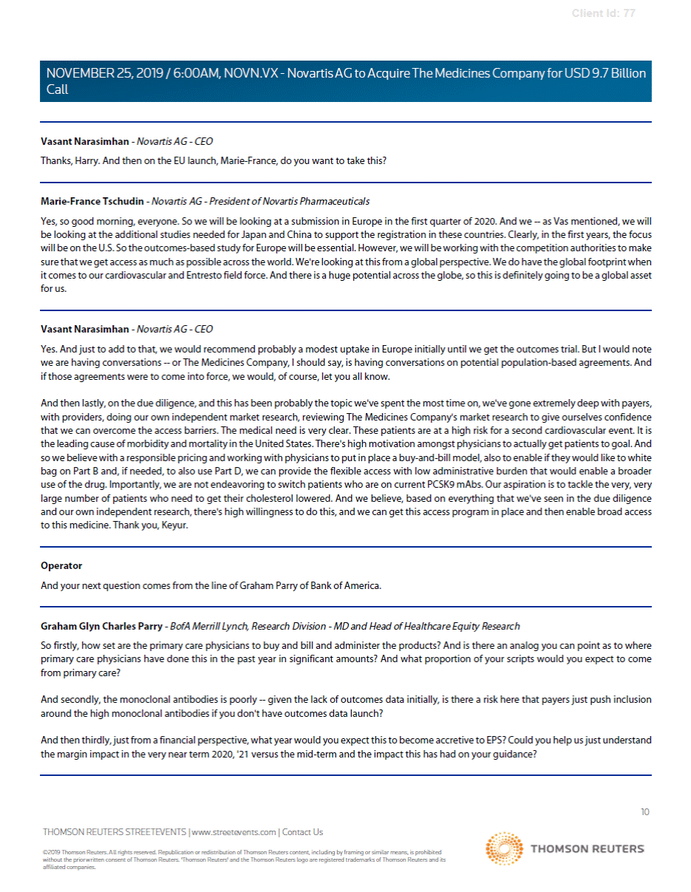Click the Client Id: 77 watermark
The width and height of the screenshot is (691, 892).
coord(603,13)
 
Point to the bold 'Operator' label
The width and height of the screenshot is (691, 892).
coord(61,565)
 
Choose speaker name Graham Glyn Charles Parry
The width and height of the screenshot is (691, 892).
coord(101,626)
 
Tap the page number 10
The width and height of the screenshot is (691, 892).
coord(644,811)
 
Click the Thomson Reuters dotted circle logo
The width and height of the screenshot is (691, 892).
coord(505,848)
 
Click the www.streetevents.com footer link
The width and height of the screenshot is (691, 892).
coord(234,832)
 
